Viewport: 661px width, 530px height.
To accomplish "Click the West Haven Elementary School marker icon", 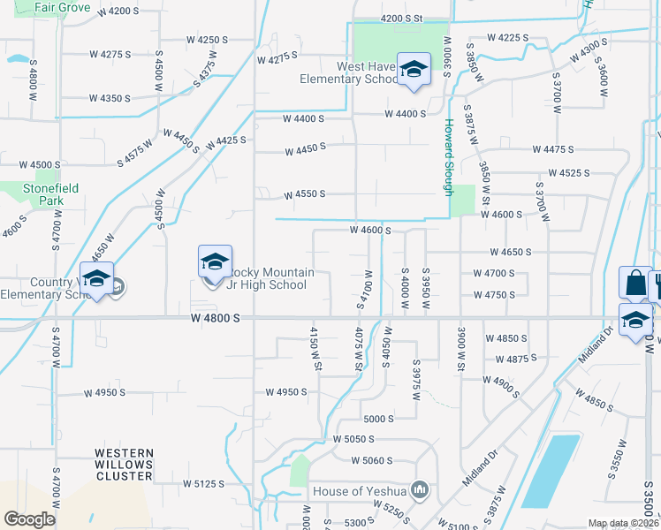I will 413,70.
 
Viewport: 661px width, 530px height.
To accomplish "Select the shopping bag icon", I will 634,284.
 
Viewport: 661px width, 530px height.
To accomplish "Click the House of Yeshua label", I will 360,491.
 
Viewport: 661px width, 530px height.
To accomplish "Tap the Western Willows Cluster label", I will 124,465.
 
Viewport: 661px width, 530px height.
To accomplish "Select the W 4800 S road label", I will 216,317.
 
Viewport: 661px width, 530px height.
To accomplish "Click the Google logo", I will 29,519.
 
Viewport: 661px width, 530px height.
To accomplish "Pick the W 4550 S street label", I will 304,194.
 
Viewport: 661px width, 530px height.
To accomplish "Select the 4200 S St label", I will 402,19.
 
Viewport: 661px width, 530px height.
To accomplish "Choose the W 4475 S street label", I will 554,150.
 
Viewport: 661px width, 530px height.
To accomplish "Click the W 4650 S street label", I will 510,252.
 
